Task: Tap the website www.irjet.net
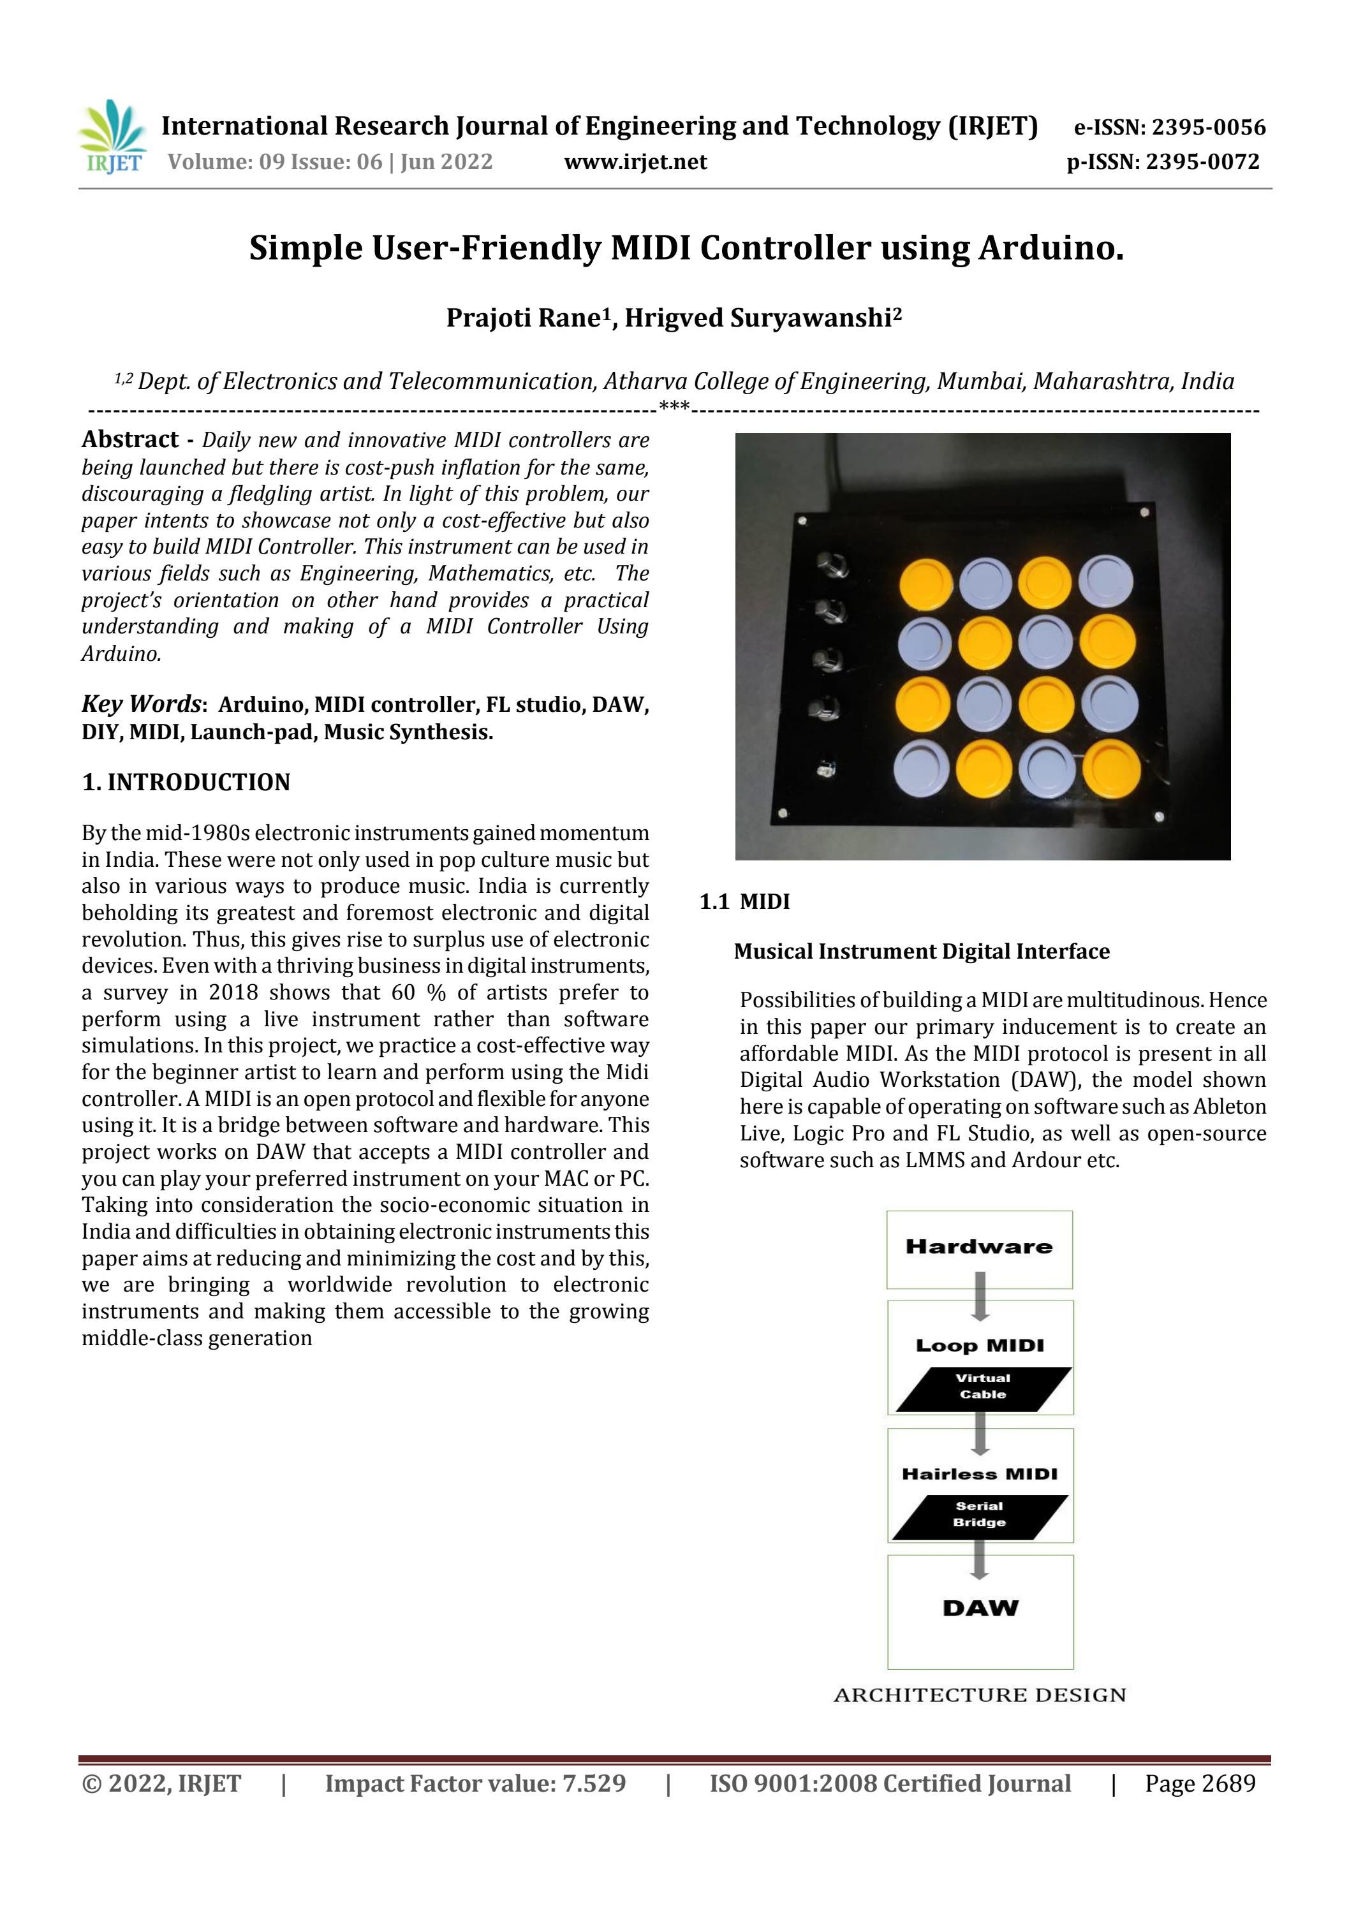coord(635,162)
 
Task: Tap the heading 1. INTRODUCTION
coord(186,783)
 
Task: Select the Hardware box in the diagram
coord(979,1249)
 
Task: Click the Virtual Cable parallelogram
coord(982,1387)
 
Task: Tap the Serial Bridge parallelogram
coord(979,1515)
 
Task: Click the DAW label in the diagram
coord(980,1608)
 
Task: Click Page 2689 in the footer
coord(1199,1783)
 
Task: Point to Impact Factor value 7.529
coord(475,1783)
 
